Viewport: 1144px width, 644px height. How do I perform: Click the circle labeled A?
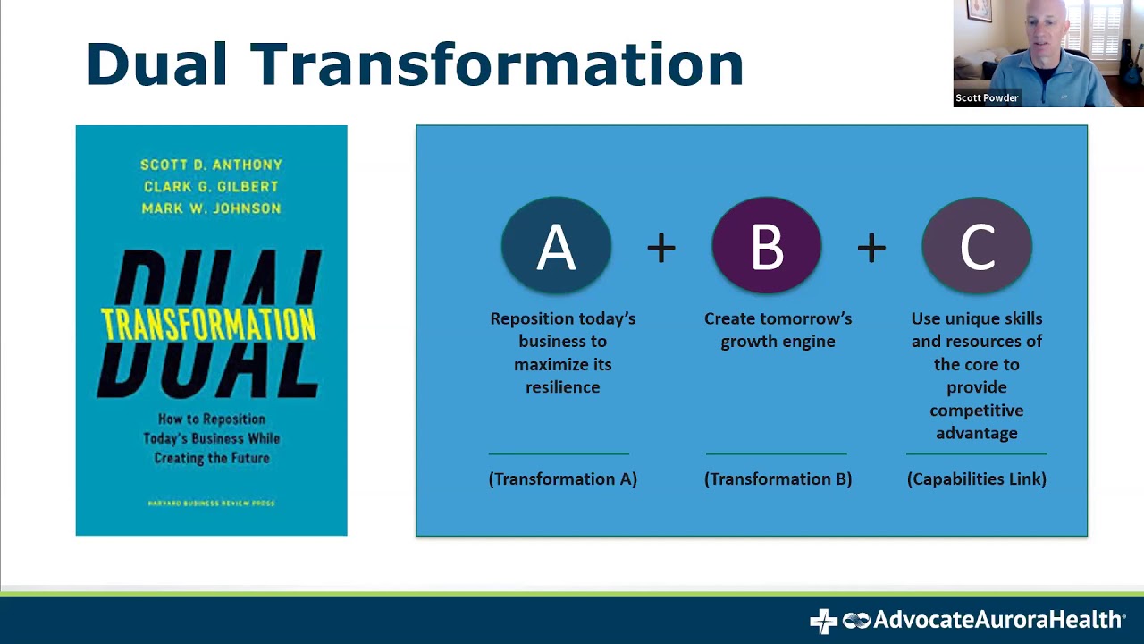556,246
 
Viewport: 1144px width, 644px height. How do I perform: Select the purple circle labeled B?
766,246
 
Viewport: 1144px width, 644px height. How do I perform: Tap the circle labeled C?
977,246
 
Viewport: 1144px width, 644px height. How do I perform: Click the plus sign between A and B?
661,249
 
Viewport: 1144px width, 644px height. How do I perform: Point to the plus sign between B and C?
871,249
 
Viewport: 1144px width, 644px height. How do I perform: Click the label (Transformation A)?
562,479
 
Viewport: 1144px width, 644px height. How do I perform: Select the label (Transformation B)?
778,479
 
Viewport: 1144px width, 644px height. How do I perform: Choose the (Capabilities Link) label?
976,479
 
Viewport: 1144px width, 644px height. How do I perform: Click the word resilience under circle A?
562,387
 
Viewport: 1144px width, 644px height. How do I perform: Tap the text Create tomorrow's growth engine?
778,329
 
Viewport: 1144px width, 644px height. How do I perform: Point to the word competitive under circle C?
976,411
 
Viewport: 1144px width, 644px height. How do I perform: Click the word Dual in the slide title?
156,64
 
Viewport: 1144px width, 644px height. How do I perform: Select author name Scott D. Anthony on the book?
211,165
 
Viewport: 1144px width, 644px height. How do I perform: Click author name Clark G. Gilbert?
211,186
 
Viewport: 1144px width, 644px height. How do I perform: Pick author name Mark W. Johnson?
211,208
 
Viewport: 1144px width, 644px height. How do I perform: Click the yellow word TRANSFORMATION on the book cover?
208,324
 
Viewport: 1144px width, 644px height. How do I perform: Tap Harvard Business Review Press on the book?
211,504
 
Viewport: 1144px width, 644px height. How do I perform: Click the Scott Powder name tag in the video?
987,98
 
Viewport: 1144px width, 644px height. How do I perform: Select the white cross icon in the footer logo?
822,621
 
